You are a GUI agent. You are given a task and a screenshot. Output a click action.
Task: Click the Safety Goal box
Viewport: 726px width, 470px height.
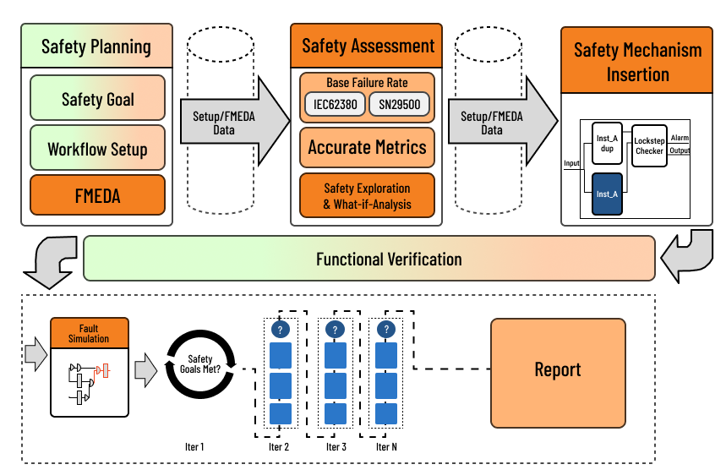pos(97,99)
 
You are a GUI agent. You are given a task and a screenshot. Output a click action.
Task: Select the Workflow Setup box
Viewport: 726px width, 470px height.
pos(97,149)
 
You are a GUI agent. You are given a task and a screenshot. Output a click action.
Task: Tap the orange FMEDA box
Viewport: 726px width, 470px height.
pos(97,197)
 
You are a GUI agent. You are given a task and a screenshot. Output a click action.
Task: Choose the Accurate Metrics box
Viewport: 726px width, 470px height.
pos(367,147)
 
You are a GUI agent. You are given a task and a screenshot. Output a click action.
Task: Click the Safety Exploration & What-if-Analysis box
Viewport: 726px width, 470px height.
pos(367,195)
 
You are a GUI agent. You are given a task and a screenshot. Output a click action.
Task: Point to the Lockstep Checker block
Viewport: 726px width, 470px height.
pos(649,145)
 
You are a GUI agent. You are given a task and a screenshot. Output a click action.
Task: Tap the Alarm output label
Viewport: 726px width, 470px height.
pos(680,137)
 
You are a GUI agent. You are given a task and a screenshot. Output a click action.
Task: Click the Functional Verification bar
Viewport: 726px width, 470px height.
pos(369,259)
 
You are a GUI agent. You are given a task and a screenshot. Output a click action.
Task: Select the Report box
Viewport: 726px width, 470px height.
pos(558,370)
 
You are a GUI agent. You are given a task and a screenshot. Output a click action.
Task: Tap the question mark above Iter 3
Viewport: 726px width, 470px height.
pos(335,330)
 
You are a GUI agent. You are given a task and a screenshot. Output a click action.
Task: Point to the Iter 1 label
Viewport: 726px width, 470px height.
pos(194,446)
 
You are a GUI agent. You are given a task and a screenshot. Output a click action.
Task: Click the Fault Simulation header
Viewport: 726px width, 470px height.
pos(89,333)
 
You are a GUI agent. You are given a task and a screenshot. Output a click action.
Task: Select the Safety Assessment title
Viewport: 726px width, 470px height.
pos(367,46)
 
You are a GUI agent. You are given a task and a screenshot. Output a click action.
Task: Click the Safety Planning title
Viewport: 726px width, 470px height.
pos(96,46)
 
